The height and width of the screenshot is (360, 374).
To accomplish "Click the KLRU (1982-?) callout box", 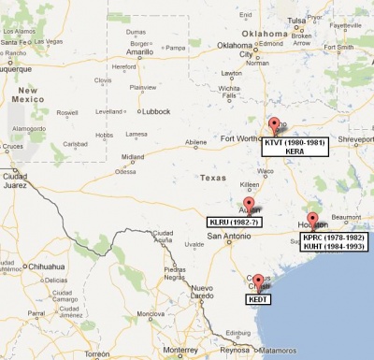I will (x=234, y=223).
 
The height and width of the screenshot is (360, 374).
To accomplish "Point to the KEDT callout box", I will (x=258, y=298).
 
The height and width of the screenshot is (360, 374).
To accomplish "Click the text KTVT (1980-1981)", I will (x=293, y=141).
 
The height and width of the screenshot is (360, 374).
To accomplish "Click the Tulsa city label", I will (x=296, y=20).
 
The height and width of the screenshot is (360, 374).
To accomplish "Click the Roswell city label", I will (x=67, y=111).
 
